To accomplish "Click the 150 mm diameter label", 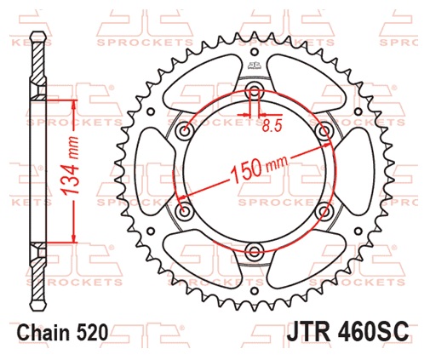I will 256,169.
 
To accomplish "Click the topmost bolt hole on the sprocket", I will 254,93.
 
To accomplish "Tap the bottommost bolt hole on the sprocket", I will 254,249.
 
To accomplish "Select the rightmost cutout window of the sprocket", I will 354,170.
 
